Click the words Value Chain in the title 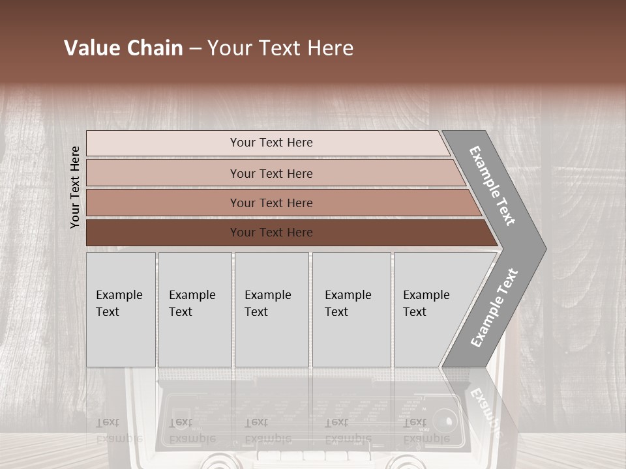coord(123,48)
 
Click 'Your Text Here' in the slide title coord(280,48)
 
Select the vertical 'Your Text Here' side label coord(75,187)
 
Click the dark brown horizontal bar coord(163,233)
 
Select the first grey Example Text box coord(121,309)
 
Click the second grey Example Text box coord(194,309)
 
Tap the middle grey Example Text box coord(271,309)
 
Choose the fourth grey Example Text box coord(351,309)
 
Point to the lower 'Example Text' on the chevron coord(494,308)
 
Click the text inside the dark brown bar coord(271,233)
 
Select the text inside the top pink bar coord(271,143)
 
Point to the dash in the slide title coord(195,48)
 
